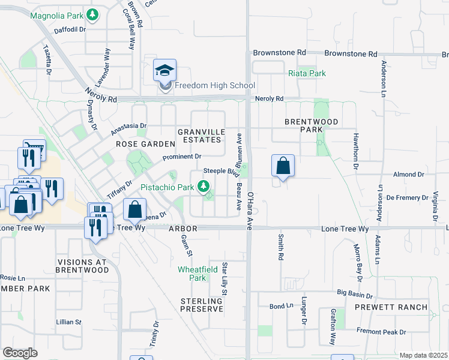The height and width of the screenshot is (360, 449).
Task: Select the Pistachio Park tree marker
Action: point(203,187)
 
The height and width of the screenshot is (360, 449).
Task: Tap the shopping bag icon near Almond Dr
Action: point(283,166)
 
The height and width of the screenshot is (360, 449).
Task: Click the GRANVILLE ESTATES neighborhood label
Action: point(202,136)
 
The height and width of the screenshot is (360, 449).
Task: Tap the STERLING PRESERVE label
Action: point(202,304)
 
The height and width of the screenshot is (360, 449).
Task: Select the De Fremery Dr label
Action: point(406,197)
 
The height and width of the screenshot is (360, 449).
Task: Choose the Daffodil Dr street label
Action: point(71,29)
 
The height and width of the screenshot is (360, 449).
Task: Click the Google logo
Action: point(20,353)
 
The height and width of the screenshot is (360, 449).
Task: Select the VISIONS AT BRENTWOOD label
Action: point(83,266)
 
